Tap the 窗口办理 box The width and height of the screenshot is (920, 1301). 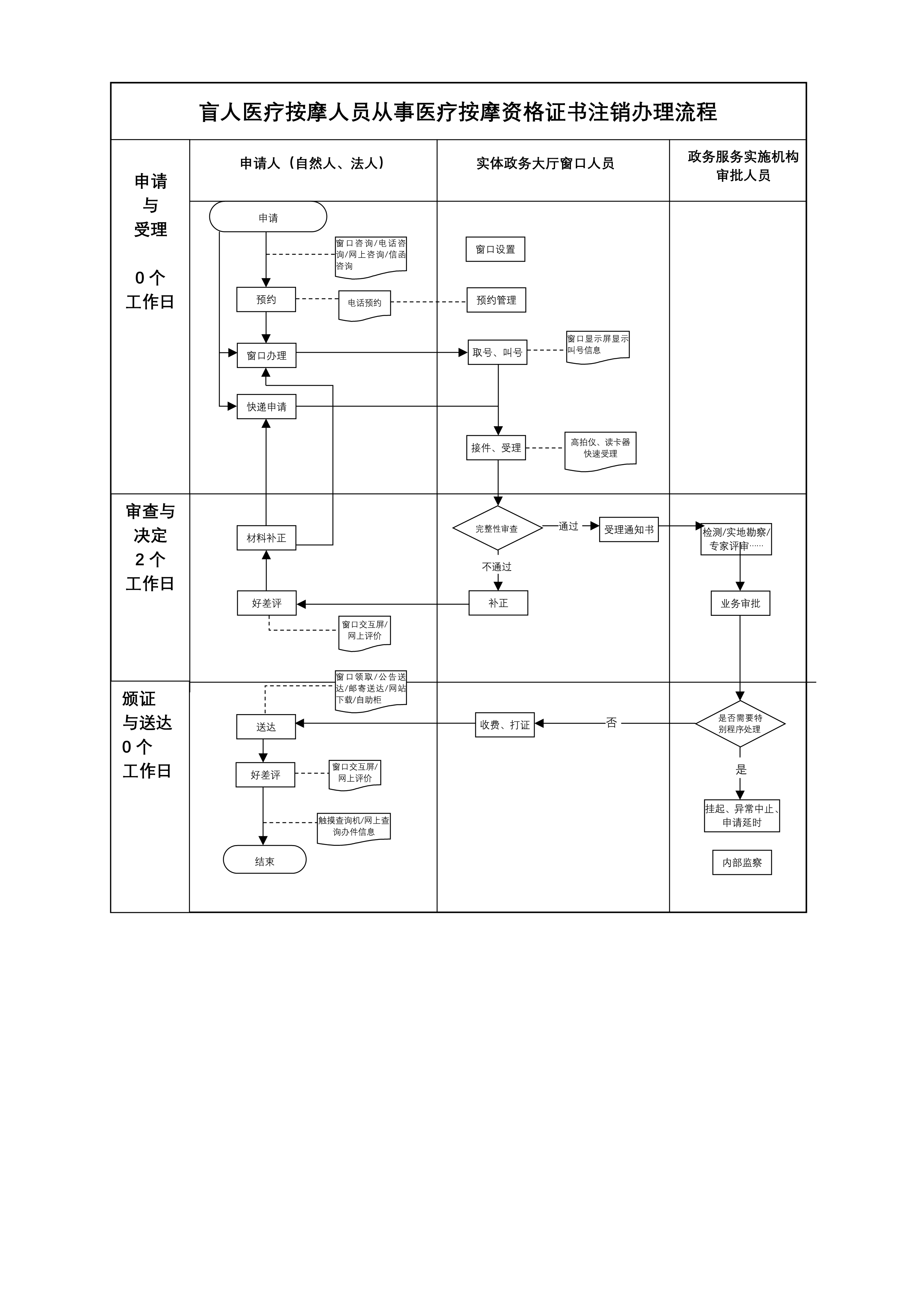coord(266,355)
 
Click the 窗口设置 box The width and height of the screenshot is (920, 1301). coord(495,249)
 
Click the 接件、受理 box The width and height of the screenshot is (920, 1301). coord(496,448)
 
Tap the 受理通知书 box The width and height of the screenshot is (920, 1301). coord(628,530)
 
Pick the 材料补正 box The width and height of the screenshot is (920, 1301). coord(266,538)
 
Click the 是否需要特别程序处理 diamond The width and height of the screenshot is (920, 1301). coord(740,724)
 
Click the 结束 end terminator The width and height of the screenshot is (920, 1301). coord(264,861)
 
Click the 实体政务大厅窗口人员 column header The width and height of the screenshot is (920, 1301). coord(545,164)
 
